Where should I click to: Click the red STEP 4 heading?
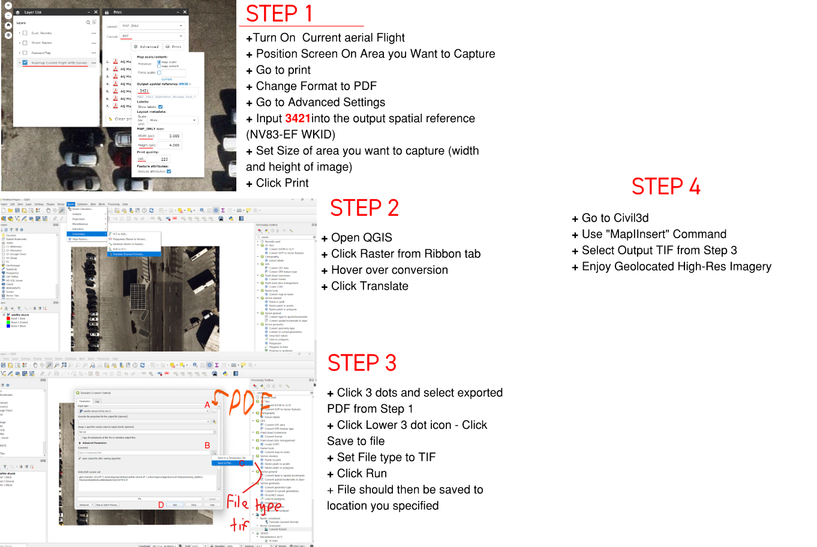click(x=665, y=187)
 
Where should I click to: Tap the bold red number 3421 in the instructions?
click(x=298, y=118)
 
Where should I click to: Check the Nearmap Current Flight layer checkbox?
click(x=25, y=62)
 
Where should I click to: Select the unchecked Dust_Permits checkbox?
click(x=25, y=33)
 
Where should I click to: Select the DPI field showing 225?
click(x=160, y=160)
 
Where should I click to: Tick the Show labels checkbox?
click(x=160, y=107)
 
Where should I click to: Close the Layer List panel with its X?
click(x=95, y=12)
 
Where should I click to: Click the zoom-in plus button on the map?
click(x=8, y=5)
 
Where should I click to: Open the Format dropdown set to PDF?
click(x=152, y=36)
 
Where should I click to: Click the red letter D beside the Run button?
click(x=161, y=505)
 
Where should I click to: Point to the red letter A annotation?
click(x=208, y=405)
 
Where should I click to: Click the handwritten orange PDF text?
click(x=242, y=402)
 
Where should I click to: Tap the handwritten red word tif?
click(x=239, y=525)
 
